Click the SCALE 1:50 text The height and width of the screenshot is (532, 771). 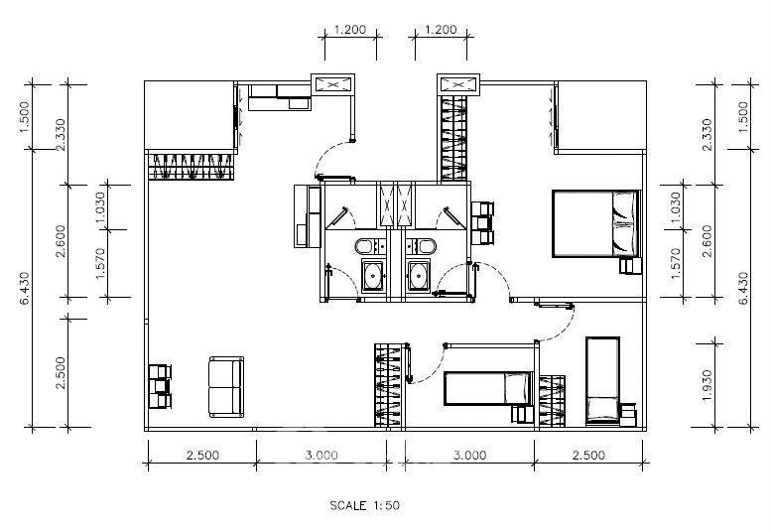[364, 505]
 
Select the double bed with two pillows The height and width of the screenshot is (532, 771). [597, 223]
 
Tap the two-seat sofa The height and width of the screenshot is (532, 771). [226, 387]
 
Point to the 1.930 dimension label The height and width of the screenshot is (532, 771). [707, 385]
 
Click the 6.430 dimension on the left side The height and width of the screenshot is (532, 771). [25, 288]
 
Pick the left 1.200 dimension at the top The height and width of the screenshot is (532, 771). [350, 30]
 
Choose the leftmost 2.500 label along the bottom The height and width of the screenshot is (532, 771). [202, 455]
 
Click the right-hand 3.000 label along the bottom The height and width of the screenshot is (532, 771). [469, 455]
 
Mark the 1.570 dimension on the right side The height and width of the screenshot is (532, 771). [675, 264]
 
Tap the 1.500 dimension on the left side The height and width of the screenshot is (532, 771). [25, 117]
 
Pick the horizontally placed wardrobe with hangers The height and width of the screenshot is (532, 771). [191, 166]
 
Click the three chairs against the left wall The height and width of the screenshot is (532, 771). [160, 386]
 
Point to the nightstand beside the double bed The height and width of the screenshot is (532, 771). [630, 266]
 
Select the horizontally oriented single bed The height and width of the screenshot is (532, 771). [489, 388]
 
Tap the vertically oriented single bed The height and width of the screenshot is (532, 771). [602, 381]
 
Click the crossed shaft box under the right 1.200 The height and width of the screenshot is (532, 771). [458, 84]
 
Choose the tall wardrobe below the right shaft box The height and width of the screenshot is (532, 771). [453, 139]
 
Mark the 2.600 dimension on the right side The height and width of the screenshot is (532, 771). [707, 241]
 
